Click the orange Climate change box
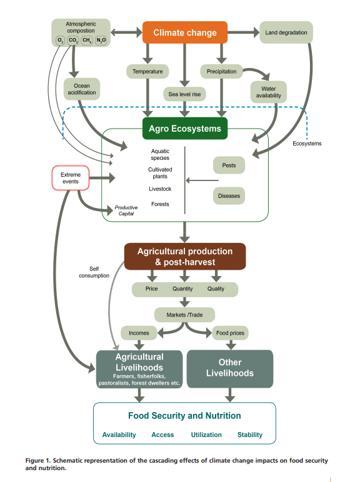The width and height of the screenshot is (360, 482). click(x=185, y=32)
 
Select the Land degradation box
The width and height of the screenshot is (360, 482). click(x=286, y=32)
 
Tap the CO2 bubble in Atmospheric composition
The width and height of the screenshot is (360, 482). click(x=73, y=41)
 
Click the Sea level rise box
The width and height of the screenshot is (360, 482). click(x=184, y=94)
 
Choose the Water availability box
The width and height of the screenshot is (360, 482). click(x=269, y=92)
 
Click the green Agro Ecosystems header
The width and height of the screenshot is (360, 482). click(x=184, y=129)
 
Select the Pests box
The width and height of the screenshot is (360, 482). click(x=229, y=165)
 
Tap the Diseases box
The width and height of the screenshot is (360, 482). click(x=229, y=196)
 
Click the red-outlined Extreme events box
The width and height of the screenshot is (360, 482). click(x=71, y=178)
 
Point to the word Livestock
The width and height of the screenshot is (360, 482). click(x=160, y=189)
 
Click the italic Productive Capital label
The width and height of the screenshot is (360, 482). click(x=126, y=210)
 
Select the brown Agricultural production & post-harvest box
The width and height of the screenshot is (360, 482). click(x=184, y=257)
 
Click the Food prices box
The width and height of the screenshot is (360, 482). click(x=230, y=333)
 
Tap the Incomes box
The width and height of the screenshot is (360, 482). click(x=139, y=333)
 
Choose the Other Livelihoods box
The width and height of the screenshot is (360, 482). click(x=230, y=368)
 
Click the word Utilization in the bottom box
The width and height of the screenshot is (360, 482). click(x=206, y=435)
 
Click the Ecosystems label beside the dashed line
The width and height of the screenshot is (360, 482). click(x=307, y=144)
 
